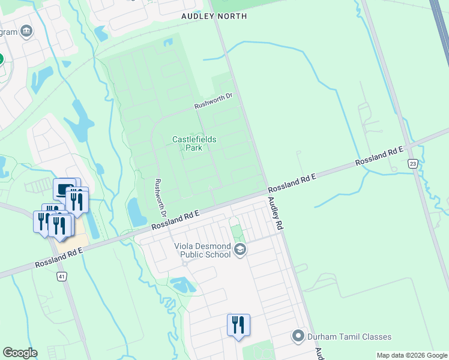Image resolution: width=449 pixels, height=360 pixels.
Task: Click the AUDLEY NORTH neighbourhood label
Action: [214, 16]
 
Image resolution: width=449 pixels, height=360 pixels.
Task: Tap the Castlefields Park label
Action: [194, 143]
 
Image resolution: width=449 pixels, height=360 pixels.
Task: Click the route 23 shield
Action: [412, 164]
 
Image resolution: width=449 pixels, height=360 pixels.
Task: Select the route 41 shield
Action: [61, 277]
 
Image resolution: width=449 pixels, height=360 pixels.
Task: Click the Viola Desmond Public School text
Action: [202, 250]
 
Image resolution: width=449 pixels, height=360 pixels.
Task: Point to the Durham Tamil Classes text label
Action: [349, 337]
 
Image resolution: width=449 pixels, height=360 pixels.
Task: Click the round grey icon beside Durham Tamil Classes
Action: [298, 336]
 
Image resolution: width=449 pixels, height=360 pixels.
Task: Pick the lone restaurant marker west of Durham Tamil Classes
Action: [238, 326]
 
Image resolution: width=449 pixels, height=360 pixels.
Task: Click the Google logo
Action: [20, 352]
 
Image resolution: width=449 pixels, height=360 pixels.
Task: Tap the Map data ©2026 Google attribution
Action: [412, 355]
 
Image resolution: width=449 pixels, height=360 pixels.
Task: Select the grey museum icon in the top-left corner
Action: [26, 31]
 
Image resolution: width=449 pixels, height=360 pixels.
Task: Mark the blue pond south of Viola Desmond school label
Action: [183, 284]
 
